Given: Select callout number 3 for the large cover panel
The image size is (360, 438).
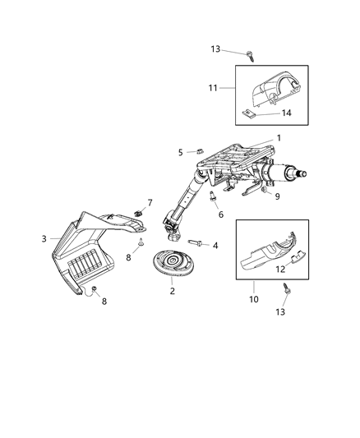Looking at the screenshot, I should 44,239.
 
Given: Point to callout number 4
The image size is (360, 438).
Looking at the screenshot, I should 215,245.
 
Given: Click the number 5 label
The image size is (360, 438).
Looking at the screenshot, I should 180,152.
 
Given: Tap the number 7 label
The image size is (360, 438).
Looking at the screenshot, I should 150,202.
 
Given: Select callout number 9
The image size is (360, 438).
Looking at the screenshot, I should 277,196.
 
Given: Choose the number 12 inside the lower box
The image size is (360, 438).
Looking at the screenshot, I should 280,269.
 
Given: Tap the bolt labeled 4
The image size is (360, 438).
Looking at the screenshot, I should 195,242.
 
